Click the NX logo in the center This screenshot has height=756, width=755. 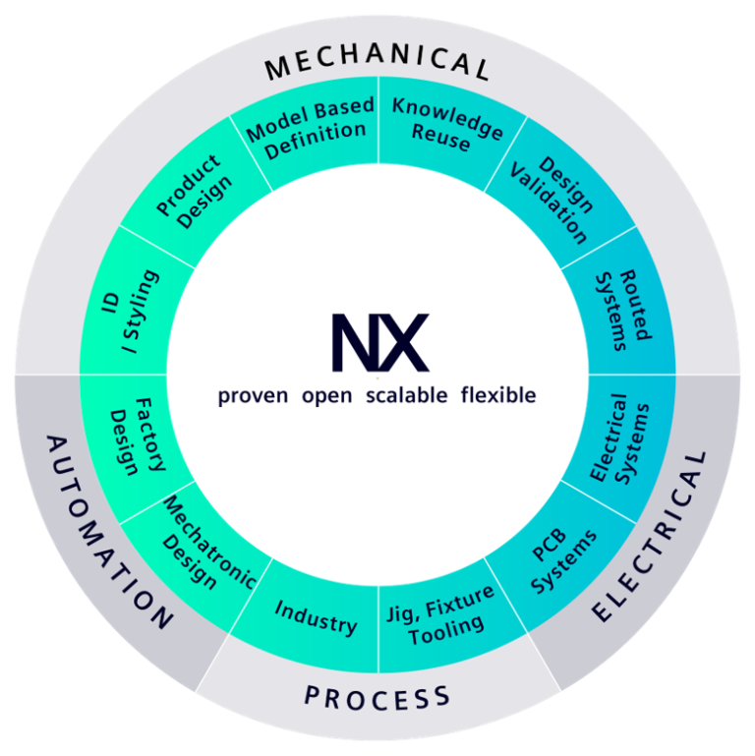tap(378, 342)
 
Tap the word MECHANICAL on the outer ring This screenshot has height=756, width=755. tap(377, 66)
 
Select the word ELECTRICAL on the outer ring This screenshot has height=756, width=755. tap(653, 535)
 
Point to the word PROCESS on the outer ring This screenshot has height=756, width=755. tap(377, 698)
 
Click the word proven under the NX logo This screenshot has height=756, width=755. tap(254, 396)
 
